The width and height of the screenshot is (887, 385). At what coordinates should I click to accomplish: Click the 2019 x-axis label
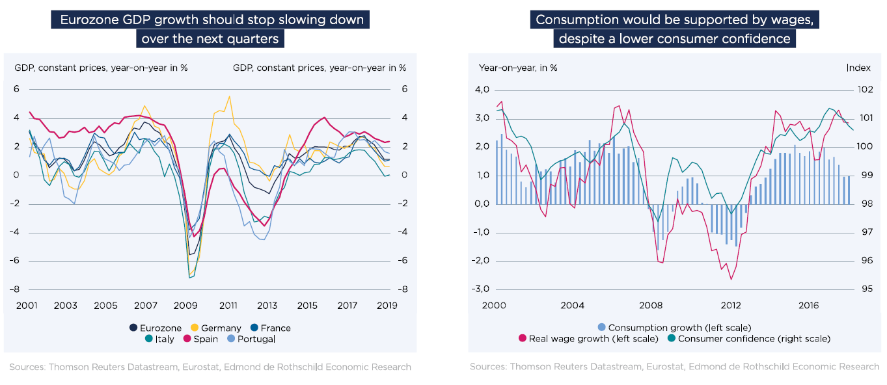pos(388,305)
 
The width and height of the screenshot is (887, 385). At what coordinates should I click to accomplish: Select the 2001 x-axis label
pos(26,305)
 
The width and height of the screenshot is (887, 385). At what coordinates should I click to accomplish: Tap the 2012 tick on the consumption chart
pos(730,305)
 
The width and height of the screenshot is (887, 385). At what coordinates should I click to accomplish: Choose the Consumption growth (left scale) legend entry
pos(674,328)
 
